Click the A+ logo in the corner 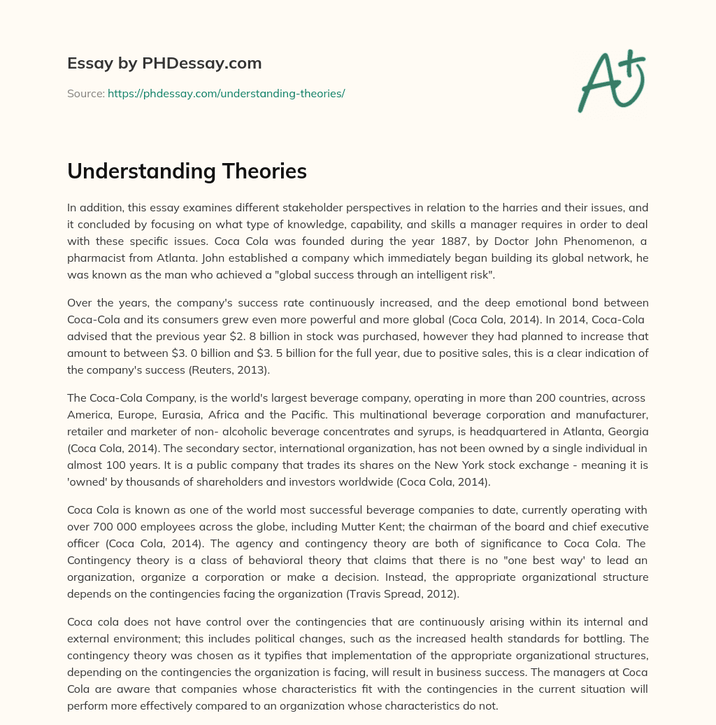pos(611,80)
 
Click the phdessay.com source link pos(226,93)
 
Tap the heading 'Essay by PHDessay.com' pos(164,64)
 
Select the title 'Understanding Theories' pos(187,171)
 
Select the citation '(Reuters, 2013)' pos(243,369)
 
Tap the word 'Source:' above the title pos(85,93)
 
